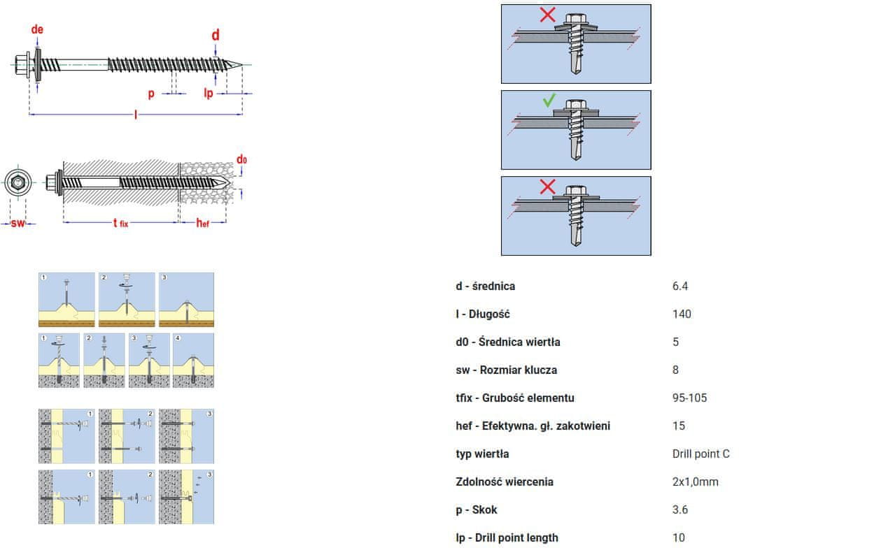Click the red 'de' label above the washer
(37, 29)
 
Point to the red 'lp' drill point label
(209, 93)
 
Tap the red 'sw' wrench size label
(17, 224)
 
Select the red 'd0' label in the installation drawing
(241, 159)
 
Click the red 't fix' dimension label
(120, 223)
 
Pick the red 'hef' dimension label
(202, 223)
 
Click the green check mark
(549, 101)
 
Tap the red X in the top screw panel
(547, 15)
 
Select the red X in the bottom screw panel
(547, 187)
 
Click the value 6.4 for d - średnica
(679, 287)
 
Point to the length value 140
(682, 314)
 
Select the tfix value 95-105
(689, 398)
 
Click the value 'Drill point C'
(700, 454)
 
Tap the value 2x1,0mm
(695, 482)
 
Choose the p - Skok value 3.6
(679, 510)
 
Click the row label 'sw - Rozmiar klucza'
(506, 370)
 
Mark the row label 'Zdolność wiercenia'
(504, 482)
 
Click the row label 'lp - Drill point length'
(507, 538)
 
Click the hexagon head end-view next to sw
(18, 182)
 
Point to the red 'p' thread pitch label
(151, 94)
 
